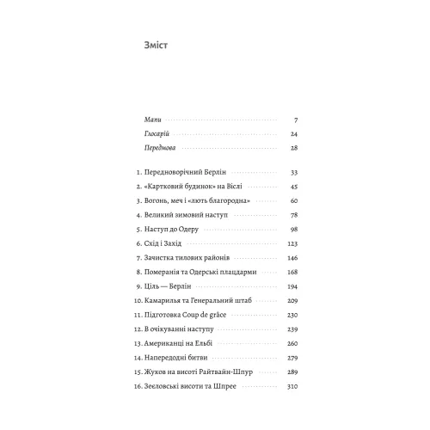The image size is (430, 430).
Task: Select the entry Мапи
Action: point(152,120)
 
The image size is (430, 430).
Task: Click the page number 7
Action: point(295,120)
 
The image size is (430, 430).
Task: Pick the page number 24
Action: point(293,134)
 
